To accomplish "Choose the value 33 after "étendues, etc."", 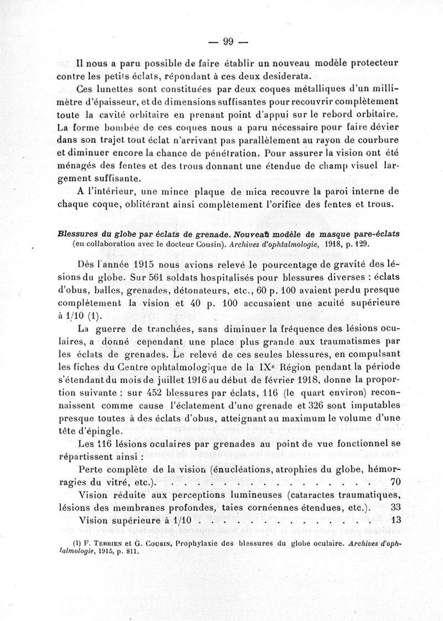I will point(396,507).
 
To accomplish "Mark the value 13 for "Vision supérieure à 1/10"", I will point(396,520).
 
